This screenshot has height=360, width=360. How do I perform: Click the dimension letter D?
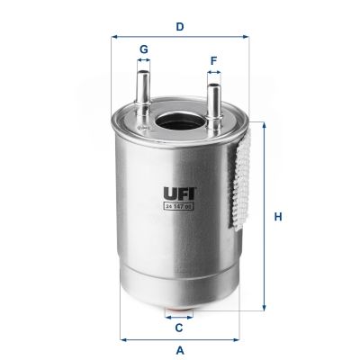click(x=180, y=26)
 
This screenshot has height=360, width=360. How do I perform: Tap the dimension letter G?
click(x=142, y=49)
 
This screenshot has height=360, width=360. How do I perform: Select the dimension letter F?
click(x=213, y=62)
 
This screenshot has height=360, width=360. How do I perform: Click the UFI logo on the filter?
click(x=179, y=192)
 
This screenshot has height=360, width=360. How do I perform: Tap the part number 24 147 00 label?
click(x=179, y=207)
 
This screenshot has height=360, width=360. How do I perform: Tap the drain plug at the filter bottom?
click(x=180, y=315)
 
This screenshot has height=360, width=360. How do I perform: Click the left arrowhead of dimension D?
click(x=113, y=38)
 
